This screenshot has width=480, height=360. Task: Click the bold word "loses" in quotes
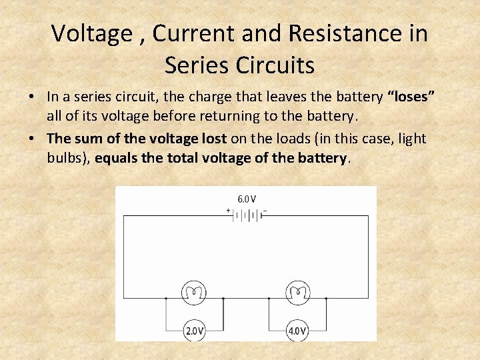click(x=411, y=97)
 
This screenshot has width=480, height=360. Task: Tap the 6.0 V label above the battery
click(x=247, y=199)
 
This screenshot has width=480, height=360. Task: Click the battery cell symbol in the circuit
click(x=247, y=215)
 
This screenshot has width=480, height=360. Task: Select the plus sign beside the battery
click(x=228, y=211)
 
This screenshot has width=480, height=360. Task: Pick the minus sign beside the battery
click(x=265, y=211)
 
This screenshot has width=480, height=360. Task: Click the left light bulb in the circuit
click(x=194, y=293)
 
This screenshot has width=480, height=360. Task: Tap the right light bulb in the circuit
click(x=297, y=293)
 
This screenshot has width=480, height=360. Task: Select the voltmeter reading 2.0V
click(x=194, y=331)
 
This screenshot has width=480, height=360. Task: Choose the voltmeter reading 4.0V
click(x=297, y=331)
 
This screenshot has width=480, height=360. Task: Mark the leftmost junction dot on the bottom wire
click(x=166, y=298)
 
